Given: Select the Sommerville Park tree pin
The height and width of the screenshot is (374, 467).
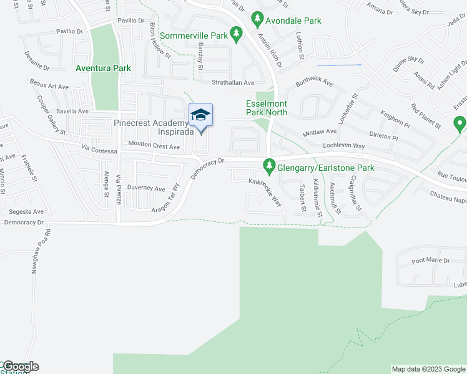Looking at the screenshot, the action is point(235,35).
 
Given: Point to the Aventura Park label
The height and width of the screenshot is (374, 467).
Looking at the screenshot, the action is point(102,67).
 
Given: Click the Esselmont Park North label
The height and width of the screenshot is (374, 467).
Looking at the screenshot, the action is point(267,108).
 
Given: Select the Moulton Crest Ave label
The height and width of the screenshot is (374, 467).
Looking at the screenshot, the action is point(154,146).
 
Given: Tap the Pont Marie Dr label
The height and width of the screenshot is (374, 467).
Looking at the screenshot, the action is point(429,260).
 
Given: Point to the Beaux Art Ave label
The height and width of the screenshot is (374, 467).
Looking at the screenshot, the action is point(49,84).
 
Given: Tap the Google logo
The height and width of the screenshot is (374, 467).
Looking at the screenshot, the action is point(20,367).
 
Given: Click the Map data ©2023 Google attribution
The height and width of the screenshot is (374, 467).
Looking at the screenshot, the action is point(428,369).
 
